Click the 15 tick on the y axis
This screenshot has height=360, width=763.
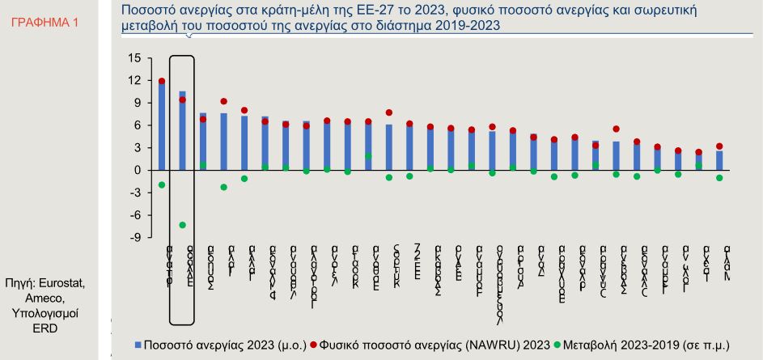click(134, 58)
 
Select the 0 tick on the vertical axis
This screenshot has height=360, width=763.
click(137, 171)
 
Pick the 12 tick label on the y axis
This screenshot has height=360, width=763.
click(134, 81)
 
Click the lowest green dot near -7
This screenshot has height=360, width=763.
click(183, 225)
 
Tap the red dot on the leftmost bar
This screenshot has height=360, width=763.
click(162, 82)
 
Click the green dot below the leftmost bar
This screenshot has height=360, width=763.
click(162, 185)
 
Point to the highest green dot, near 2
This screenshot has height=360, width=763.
click(368, 156)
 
